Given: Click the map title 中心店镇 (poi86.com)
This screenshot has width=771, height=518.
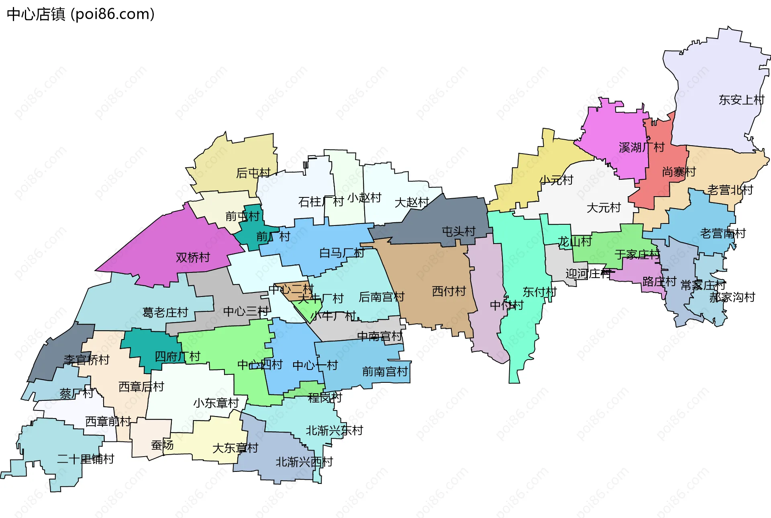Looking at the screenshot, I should tap(81, 14).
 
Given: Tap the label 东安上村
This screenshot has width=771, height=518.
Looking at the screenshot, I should tap(741, 100).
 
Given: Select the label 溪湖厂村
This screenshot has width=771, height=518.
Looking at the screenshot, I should tap(641, 148).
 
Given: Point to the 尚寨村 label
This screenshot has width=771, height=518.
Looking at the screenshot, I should tap(679, 172).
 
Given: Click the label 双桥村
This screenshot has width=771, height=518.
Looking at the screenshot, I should tap(193, 258).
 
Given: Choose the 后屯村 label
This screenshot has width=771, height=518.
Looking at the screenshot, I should tap(253, 173).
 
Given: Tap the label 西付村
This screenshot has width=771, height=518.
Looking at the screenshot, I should tap(449, 291).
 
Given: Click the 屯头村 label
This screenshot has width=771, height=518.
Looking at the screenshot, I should tap(458, 232).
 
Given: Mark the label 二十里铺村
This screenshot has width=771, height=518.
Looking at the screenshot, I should tap(86, 459).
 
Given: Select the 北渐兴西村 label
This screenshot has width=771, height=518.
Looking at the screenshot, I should tap(304, 462).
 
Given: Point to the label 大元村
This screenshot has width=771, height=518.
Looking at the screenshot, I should tap(604, 208).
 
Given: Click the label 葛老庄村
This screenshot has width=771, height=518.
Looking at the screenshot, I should tap(165, 313).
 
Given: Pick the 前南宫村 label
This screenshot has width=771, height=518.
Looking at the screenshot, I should tap(385, 372).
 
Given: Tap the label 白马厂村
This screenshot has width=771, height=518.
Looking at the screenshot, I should tap(342, 253).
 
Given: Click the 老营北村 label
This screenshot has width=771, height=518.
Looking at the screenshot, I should tap(730, 190).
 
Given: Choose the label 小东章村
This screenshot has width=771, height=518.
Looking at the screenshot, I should tap(216, 403).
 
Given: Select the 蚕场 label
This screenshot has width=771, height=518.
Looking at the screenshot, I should tap(162, 445).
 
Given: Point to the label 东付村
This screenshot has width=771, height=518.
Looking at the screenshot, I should tap(539, 292).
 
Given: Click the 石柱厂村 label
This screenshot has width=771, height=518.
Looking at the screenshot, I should tap(320, 202).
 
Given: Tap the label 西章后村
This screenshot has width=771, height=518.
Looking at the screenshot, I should tap(141, 387).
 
